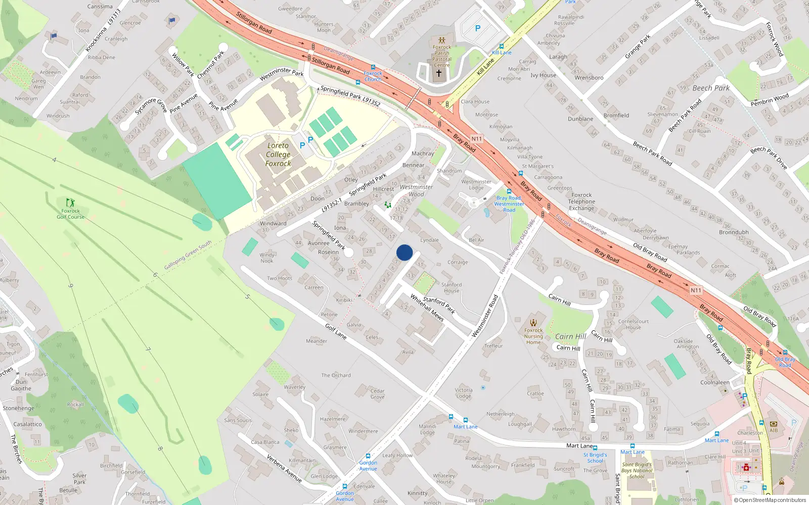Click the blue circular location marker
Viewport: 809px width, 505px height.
(404, 252)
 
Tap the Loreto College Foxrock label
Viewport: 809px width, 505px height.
(278, 155)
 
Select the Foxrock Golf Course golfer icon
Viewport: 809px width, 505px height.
(70, 203)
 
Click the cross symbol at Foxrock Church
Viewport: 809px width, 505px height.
(439, 73)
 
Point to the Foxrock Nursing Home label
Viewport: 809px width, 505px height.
(533, 336)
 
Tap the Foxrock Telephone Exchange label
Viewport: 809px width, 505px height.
(581, 201)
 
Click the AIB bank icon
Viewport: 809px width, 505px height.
(774, 424)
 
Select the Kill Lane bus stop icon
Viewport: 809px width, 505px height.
(502, 46)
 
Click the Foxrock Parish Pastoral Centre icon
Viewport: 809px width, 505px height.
(442, 40)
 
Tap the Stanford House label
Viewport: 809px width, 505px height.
(452, 287)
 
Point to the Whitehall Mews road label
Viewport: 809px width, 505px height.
(427, 308)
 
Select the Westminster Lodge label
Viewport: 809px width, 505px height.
(476, 185)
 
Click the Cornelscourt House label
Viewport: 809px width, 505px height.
(633, 324)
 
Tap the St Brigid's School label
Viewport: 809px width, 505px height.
(595, 458)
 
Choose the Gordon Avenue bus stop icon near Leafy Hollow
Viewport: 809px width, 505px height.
(368, 456)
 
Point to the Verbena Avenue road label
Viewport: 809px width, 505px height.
(284, 468)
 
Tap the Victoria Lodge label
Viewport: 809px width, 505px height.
(464, 393)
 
